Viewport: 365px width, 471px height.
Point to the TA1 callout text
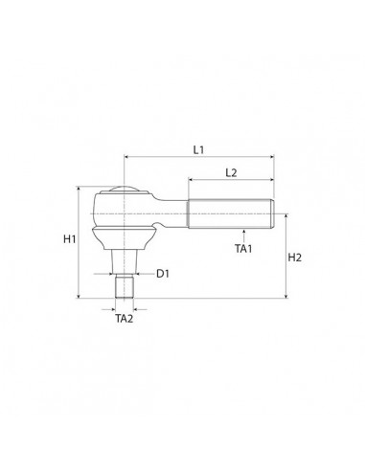[x=243, y=249]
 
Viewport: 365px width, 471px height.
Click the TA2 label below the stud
[x=125, y=319]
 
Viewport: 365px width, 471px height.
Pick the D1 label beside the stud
[x=163, y=274]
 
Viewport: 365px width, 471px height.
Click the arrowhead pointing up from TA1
[x=243, y=231]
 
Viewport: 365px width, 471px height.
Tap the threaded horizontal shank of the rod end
[x=230, y=213]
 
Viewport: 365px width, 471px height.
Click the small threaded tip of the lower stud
[x=125, y=287]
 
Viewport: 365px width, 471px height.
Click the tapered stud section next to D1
[x=125, y=260]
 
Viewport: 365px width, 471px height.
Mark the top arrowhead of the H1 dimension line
[x=79, y=190]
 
